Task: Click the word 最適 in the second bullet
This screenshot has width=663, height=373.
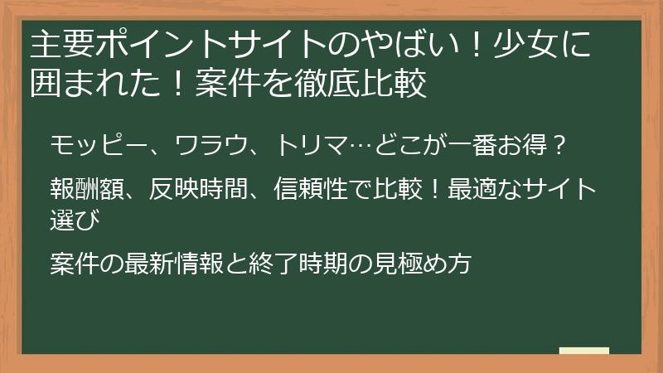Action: click(475, 190)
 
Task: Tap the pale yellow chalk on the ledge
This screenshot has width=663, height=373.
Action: click(584, 351)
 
